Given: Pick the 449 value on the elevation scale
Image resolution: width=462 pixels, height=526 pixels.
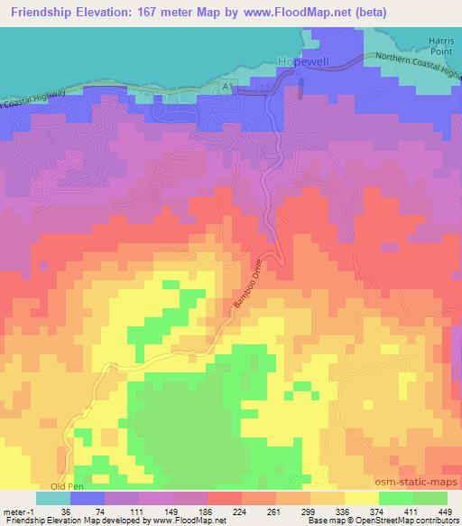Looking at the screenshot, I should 446,511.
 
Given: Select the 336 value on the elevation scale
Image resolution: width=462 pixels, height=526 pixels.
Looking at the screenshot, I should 343,511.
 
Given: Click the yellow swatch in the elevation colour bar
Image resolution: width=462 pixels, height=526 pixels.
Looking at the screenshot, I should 360,498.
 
